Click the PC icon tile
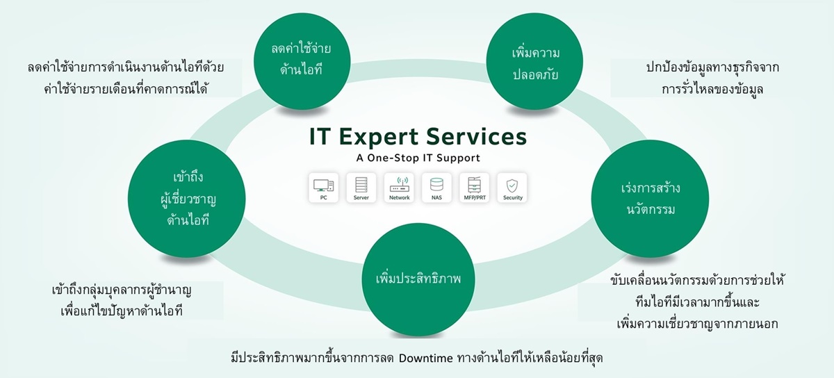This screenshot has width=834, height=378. tap(324, 188)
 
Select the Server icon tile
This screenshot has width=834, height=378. tap(361, 188)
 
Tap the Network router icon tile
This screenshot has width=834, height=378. tap(399, 188)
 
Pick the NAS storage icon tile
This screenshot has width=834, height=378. tap(436, 188)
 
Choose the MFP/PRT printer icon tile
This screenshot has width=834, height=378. tap(475, 188)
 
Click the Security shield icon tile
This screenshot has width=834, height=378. tap(512, 188)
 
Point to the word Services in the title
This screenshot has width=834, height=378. tap(477, 137)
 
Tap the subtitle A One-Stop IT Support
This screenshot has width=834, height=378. tap(418, 158)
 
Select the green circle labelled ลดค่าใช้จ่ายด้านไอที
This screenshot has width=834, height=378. tap(302, 61)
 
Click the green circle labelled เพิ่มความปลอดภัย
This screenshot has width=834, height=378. tap(534, 61)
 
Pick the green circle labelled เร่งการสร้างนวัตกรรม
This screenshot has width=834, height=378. tap(650, 199)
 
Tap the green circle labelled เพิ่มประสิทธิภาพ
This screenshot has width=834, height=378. tap(418, 279)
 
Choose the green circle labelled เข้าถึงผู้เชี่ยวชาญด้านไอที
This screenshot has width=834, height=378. tap(186, 199)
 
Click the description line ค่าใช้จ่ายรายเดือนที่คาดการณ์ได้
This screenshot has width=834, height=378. tap(126, 90)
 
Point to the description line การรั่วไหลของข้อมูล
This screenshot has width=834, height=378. tap(712, 90)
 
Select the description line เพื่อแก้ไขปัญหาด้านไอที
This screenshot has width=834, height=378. tap(122, 311)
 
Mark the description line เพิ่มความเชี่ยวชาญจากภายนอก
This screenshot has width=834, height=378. tap(697, 324)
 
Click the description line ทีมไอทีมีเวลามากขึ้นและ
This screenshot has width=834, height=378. tap(697, 302)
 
